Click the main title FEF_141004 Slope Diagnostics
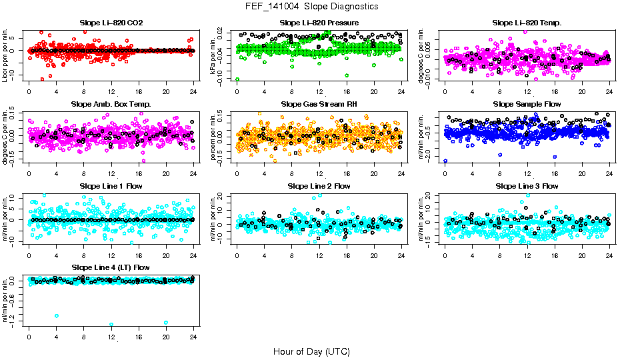tap(311, 6)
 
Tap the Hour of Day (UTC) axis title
tap(311, 351)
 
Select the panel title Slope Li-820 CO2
tap(111, 23)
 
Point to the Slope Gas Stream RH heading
tap(319, 104)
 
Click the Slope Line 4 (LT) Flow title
tap(111, 267)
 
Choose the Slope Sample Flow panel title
tap(527, 104)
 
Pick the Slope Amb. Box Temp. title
tap(111, 104)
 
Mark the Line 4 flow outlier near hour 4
tap(57, 316)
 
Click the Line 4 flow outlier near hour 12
tap(111, 324)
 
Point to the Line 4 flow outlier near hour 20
tap(166, 323)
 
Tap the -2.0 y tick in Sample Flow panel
tap(429, 155)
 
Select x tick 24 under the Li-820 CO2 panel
tap(193, 91)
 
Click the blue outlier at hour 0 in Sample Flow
tap(445, 161)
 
